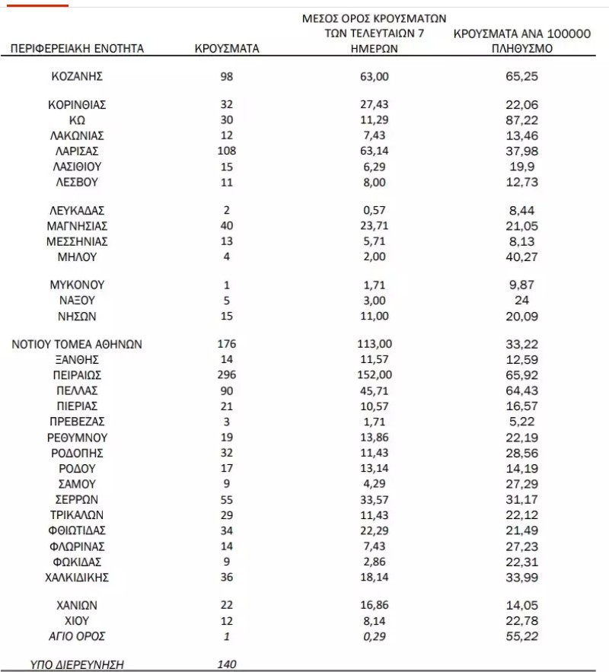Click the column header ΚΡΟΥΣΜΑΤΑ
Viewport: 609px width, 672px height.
pyautogui.click(x=227, y=49)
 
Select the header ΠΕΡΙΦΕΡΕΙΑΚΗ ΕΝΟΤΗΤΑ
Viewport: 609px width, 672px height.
pyautogui.click(x=77, y=49)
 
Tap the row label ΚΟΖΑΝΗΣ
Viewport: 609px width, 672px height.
pyautogui.click(x=77, y=77)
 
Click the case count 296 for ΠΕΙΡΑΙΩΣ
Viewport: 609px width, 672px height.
pyautogui.click(x=227, y=374)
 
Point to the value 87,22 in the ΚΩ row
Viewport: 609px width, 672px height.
pyautogui.click(x=522, y=119)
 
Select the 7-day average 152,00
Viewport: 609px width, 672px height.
pyautogui.click(x=375, y=374)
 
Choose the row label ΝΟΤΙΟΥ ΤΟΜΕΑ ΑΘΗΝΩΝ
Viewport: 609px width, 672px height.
pyautogui.click(x=77, y=344)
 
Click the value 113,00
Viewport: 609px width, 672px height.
pyautogui.click(x=375, y=344)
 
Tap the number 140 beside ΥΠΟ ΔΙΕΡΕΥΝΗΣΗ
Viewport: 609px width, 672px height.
pyautogui.click(x=227, y=664)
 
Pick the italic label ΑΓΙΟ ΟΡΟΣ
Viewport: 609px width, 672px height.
pyautogui.click(x=77, y=635)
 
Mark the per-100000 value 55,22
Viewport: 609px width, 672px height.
pyautogui.click(x=522, y=635)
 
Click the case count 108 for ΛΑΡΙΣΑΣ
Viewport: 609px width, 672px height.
pyautogui.click(x=227, y=150)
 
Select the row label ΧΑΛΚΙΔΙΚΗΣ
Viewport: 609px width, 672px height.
pyautogui.click(x=77, y=578)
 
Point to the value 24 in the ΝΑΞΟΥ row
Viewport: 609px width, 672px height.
pyautogui.click(x=522, y=300)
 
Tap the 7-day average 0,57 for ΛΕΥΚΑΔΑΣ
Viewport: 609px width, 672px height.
pyautogui.click(x=375, y=209)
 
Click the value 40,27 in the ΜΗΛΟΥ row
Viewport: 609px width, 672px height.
pyautogui.click(x=522, y=256)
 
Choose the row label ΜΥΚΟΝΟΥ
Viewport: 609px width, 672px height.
pyautogui.click(x=77, y=285)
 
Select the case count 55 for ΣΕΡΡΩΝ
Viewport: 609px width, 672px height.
pyautogui.click(x=227, y=499)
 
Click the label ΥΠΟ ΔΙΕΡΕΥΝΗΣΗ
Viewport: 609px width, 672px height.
pyautogui.click(x=77, y=664)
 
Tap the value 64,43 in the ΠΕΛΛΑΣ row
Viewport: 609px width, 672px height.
pyautogui.click(x=522, y=390)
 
